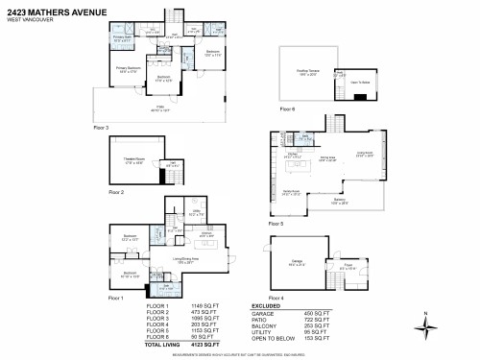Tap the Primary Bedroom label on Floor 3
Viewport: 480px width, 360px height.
point(128,69)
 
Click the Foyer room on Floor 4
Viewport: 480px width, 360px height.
point(348,268)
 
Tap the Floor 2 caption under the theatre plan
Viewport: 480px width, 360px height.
point(116,193)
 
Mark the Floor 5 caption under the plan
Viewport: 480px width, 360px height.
point(277,223)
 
